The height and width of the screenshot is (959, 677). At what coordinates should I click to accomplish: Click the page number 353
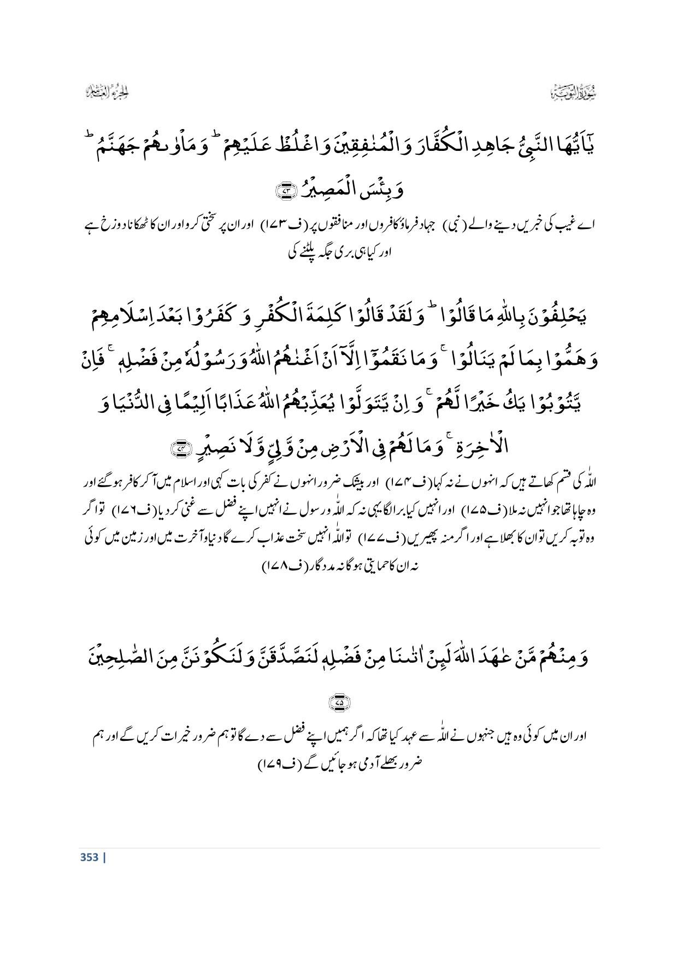coord(89,857)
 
